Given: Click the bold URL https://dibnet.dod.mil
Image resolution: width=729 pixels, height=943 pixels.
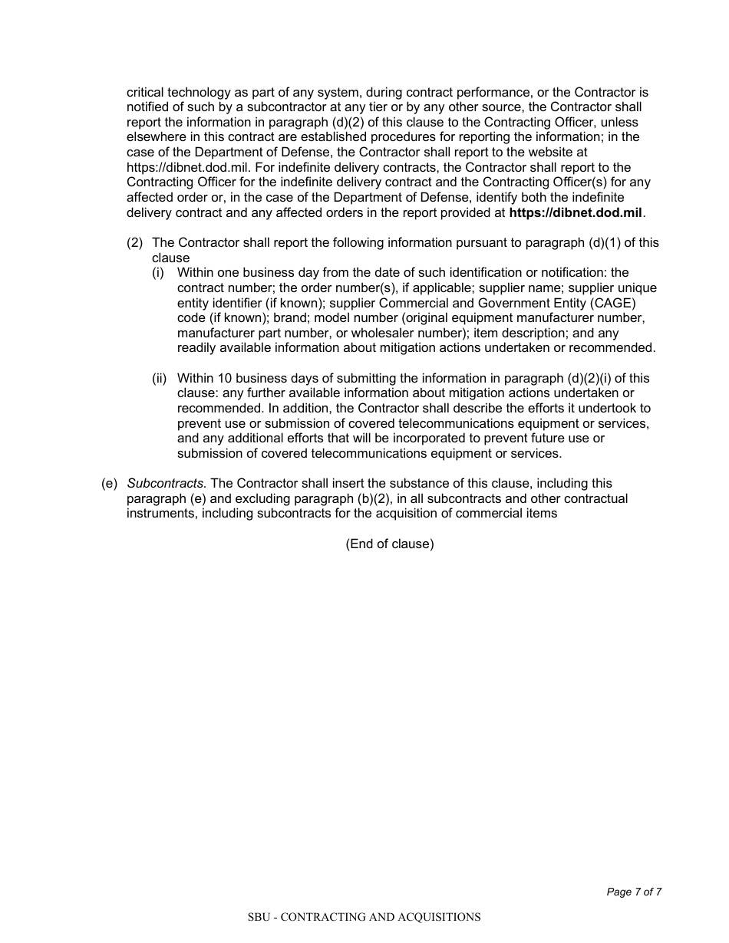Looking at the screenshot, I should click(576, 212).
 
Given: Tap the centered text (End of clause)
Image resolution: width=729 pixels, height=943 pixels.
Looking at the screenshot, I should click(389, 544).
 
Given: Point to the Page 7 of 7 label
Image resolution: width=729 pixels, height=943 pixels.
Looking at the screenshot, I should click(634, 892).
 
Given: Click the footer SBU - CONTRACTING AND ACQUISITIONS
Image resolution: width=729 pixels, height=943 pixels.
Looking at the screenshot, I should click(364, 917).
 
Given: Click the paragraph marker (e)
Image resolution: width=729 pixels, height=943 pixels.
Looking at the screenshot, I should click(110, 484).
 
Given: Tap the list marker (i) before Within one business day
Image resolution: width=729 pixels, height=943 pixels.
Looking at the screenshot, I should click(157, 273).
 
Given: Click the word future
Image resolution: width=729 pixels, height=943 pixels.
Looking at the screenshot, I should click(564, 439).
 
